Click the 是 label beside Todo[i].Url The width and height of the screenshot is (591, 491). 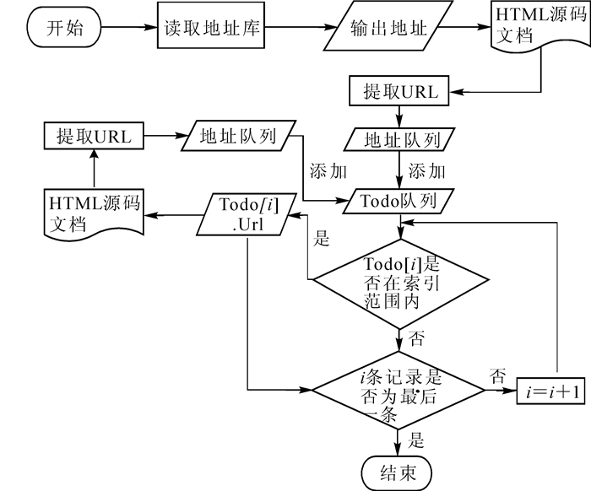tap(321, 239)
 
